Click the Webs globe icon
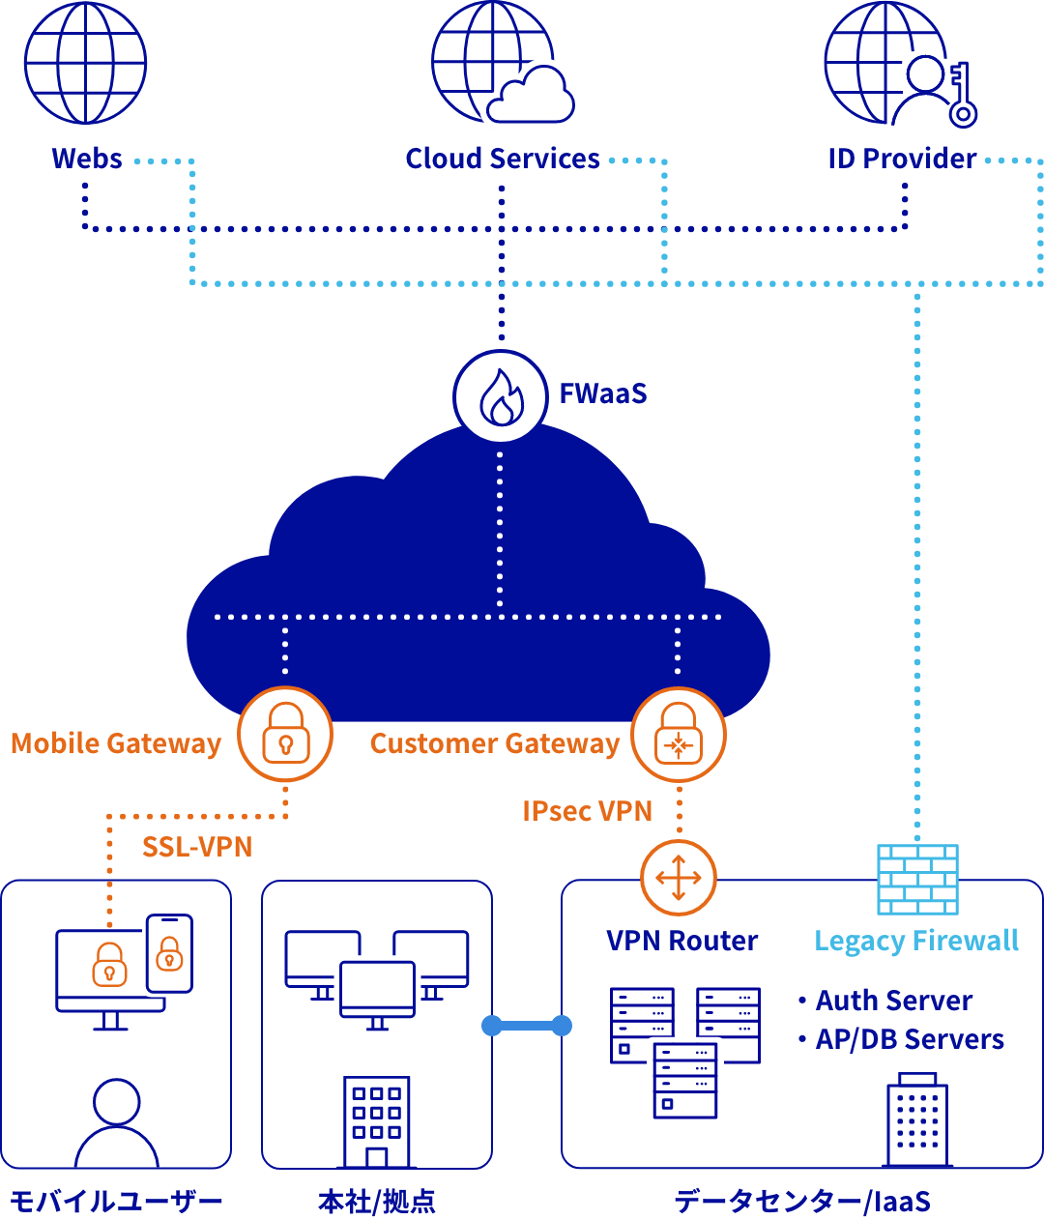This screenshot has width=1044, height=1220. (85, 63)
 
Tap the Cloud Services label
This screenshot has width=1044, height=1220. (503, 159)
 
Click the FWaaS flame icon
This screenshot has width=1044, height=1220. (501, 395)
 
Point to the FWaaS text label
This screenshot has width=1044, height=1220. (602, 393)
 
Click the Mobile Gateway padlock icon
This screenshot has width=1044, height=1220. (285, 734)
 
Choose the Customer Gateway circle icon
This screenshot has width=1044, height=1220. (678, 735)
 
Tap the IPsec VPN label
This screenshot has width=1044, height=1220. (587, 810)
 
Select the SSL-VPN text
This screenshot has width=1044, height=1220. (197, 847)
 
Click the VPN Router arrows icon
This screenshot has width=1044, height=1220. (678, 878)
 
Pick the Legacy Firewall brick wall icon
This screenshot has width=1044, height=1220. (917, 880)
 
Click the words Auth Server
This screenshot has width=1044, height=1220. (894, 1001)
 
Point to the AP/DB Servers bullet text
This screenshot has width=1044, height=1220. (910, 1039)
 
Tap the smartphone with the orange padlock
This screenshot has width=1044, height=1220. (169, 953)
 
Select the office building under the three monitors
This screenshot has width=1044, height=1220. (377, 1121)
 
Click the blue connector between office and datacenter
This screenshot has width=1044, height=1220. (527, 1026)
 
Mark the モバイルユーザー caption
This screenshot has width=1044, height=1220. (116, 1202)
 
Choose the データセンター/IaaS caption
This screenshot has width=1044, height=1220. (802, 1202)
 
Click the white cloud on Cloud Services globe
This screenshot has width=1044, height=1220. (531, 98)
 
